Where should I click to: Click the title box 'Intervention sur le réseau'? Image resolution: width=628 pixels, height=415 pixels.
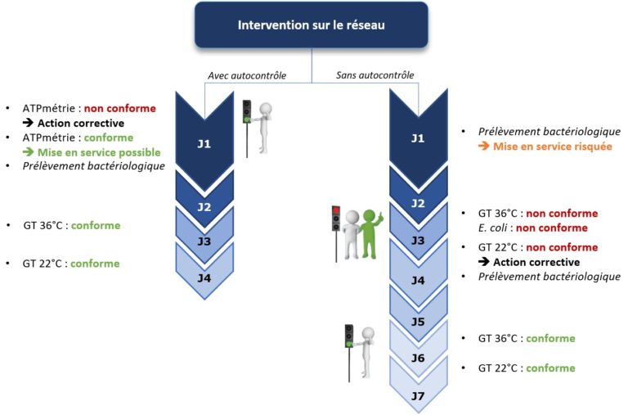[311, 25]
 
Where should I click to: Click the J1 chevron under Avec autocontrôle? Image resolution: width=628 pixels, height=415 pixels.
[204, 143]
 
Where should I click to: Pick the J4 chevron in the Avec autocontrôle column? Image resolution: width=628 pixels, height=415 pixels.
[204, 277]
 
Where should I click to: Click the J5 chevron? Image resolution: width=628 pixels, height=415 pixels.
[417, 322]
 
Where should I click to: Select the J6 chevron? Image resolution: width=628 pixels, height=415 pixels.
[417, 358]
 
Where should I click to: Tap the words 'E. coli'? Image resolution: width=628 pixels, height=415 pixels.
[496, 228]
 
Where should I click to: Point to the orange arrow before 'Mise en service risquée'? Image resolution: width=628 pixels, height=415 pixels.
[484, 147]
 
